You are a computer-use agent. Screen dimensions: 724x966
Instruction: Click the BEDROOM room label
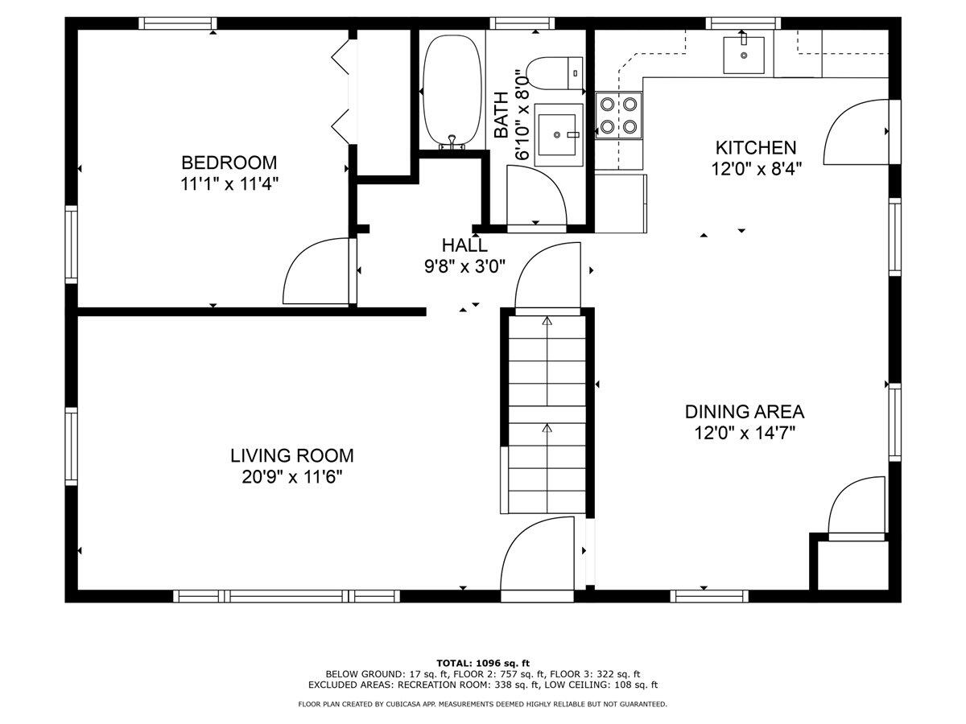(x=229, y=162)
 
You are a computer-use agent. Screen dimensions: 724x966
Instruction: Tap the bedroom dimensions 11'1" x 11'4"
(x=229, y=183)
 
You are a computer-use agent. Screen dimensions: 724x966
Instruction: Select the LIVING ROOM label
(x=291, y=455)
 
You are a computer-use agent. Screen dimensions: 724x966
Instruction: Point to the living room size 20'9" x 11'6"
(x=291, y=477)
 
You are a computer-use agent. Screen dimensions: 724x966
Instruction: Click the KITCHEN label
(x=755, y=147)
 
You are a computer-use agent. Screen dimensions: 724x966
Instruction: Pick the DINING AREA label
(x=744, y=412)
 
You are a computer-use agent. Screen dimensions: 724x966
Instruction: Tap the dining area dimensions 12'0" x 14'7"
(x=744, y=434)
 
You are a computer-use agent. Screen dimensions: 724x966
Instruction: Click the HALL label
(x=464, y=245)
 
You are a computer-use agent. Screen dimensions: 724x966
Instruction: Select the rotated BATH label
(x=501, y=113)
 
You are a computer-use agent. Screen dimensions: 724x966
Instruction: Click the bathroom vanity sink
(x=558, y=134)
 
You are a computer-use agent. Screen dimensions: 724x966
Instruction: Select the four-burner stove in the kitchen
(x=619, y=115)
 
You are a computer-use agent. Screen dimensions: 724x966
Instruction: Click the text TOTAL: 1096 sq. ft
(x=482, y=662)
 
